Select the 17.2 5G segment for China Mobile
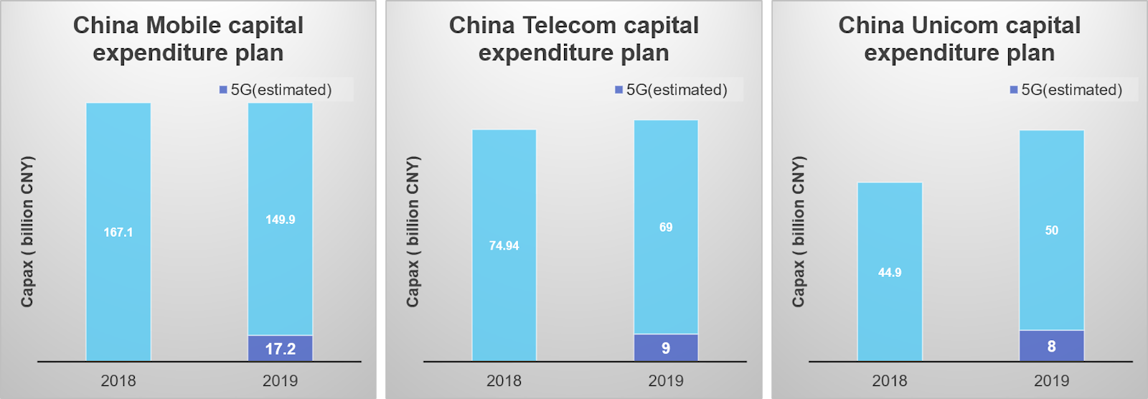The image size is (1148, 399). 280,349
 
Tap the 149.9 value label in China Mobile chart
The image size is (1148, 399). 280,220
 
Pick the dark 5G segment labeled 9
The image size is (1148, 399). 666,348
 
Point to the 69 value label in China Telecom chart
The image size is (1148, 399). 666,227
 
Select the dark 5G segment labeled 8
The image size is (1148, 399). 1051,346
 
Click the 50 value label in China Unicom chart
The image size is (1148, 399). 1051,230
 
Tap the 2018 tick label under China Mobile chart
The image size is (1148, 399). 118,381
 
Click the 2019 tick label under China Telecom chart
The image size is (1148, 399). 666,381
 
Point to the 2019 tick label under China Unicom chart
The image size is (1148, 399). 1051,381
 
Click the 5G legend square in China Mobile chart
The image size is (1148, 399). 223,90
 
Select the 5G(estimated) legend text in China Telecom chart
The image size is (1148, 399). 677,90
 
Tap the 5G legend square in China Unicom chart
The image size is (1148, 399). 1014,90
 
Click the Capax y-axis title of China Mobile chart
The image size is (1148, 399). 27,231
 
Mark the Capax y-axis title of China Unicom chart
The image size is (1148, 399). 799,231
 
